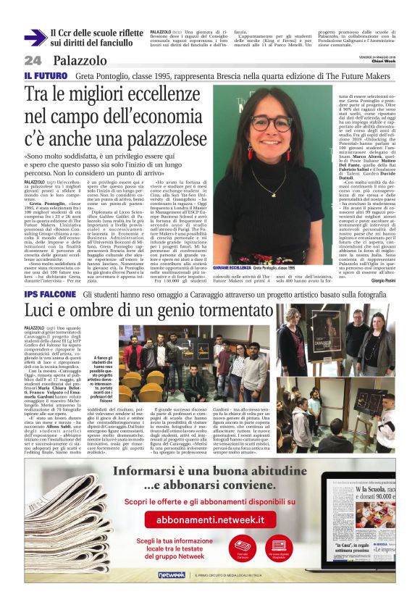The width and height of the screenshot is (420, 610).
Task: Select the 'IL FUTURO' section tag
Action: pyautogui.click(x=46, y=75)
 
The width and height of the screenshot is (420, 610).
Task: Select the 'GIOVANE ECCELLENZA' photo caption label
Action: pyautogui.click(x=234, y=268)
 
